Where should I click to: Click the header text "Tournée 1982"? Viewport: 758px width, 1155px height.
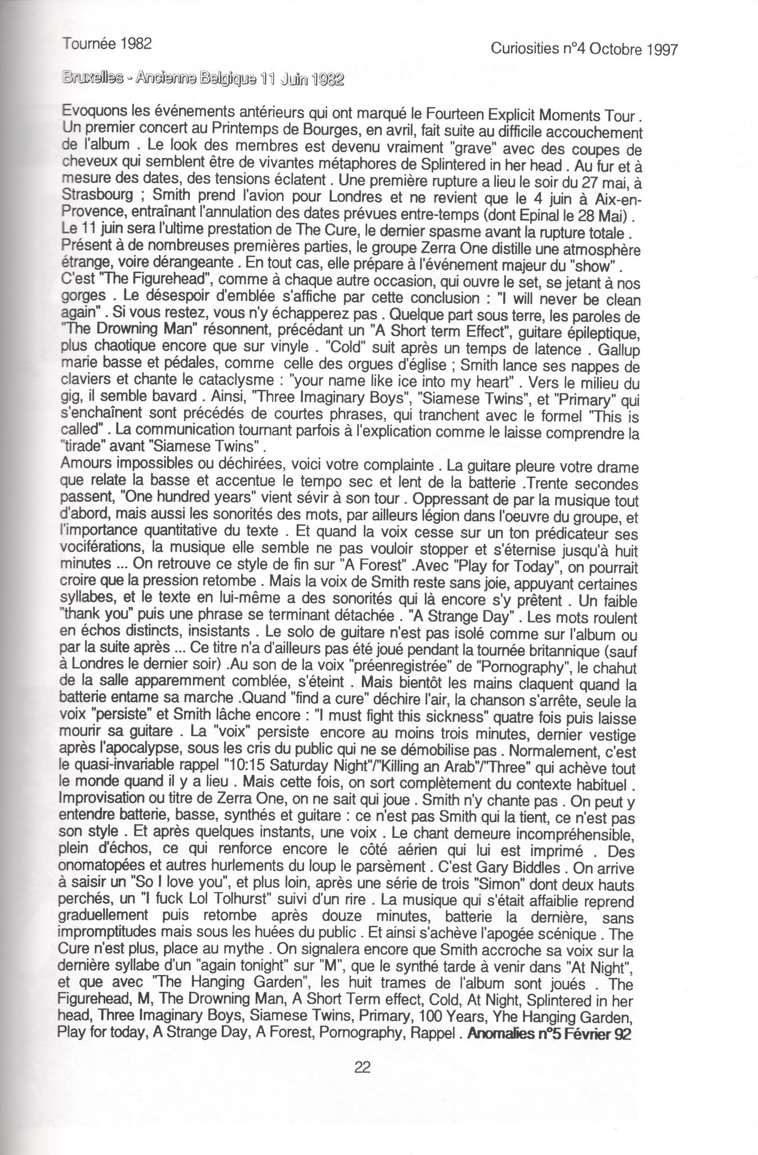coord(107,44)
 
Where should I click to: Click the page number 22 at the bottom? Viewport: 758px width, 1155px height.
coord(362,1067)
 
